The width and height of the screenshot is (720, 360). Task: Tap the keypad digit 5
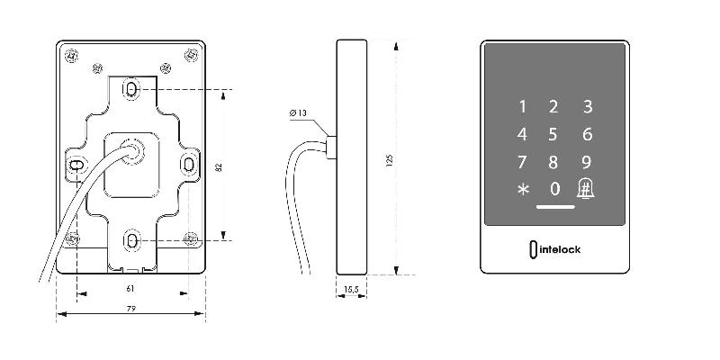553,134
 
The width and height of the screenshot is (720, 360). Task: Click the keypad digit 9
587,162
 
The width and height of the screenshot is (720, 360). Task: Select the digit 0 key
555,189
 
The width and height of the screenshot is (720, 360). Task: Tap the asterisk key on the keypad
524,189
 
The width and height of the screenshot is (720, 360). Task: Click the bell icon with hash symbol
586,188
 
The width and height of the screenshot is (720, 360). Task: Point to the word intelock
559,249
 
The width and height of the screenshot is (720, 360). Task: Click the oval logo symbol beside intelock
533,249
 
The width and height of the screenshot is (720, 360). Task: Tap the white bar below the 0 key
555,207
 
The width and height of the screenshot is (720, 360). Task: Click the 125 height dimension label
390,160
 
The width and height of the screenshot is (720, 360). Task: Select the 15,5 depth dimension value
351,289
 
